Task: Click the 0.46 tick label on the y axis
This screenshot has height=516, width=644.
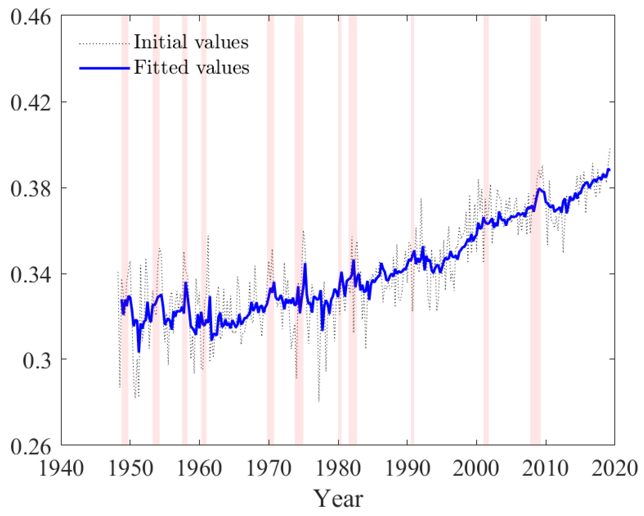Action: [x=31, y=17]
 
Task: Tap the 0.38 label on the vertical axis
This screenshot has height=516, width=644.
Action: [x=31, y=189]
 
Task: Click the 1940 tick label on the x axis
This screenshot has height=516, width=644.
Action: [x=61, y=468]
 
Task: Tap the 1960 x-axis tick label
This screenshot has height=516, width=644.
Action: [x=199, y=468]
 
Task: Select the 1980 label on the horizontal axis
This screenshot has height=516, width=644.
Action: [x=338, y=468]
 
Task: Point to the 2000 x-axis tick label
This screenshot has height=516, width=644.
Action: [x=476, y=468]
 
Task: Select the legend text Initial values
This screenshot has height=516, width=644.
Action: [x=191, y=42]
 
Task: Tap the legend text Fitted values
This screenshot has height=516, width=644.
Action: [x=191, y=67]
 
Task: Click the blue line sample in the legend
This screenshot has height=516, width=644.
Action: [x=104, y=68]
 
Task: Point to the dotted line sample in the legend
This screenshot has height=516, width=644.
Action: [x=104, y=44]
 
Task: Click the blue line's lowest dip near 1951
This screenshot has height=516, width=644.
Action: [x=139, y=352]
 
